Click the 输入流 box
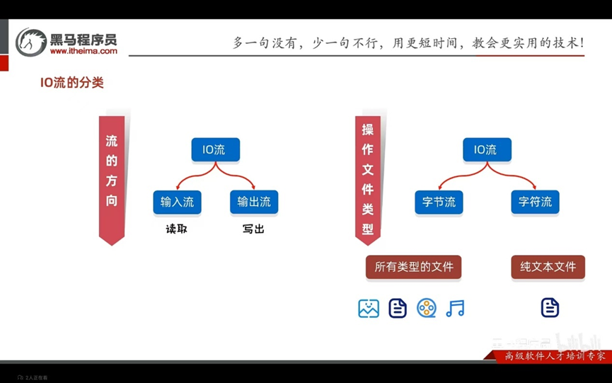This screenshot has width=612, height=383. [177, 202]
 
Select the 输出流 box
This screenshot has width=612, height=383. [253, 202]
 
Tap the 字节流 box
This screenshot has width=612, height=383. [439, 202]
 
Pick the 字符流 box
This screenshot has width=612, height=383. [535, 202]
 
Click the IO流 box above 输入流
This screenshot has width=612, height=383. [215, 149]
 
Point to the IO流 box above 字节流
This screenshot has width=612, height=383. [486, 149]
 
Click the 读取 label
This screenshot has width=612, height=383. [176, 229]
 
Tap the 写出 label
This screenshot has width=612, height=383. [253, 229]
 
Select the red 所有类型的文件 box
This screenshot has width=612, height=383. [413, 267]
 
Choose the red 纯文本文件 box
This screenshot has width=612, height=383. [548, 267]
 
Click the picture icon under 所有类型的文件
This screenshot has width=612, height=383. [369, 308]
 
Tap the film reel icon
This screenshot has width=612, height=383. [426, 308]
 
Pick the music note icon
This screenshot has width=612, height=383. [455, 308]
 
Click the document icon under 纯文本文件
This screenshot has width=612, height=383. [550, 308]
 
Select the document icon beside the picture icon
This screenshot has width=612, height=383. [398, 308]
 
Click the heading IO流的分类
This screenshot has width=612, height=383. [71, 83]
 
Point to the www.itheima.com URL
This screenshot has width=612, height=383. [83, 51]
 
